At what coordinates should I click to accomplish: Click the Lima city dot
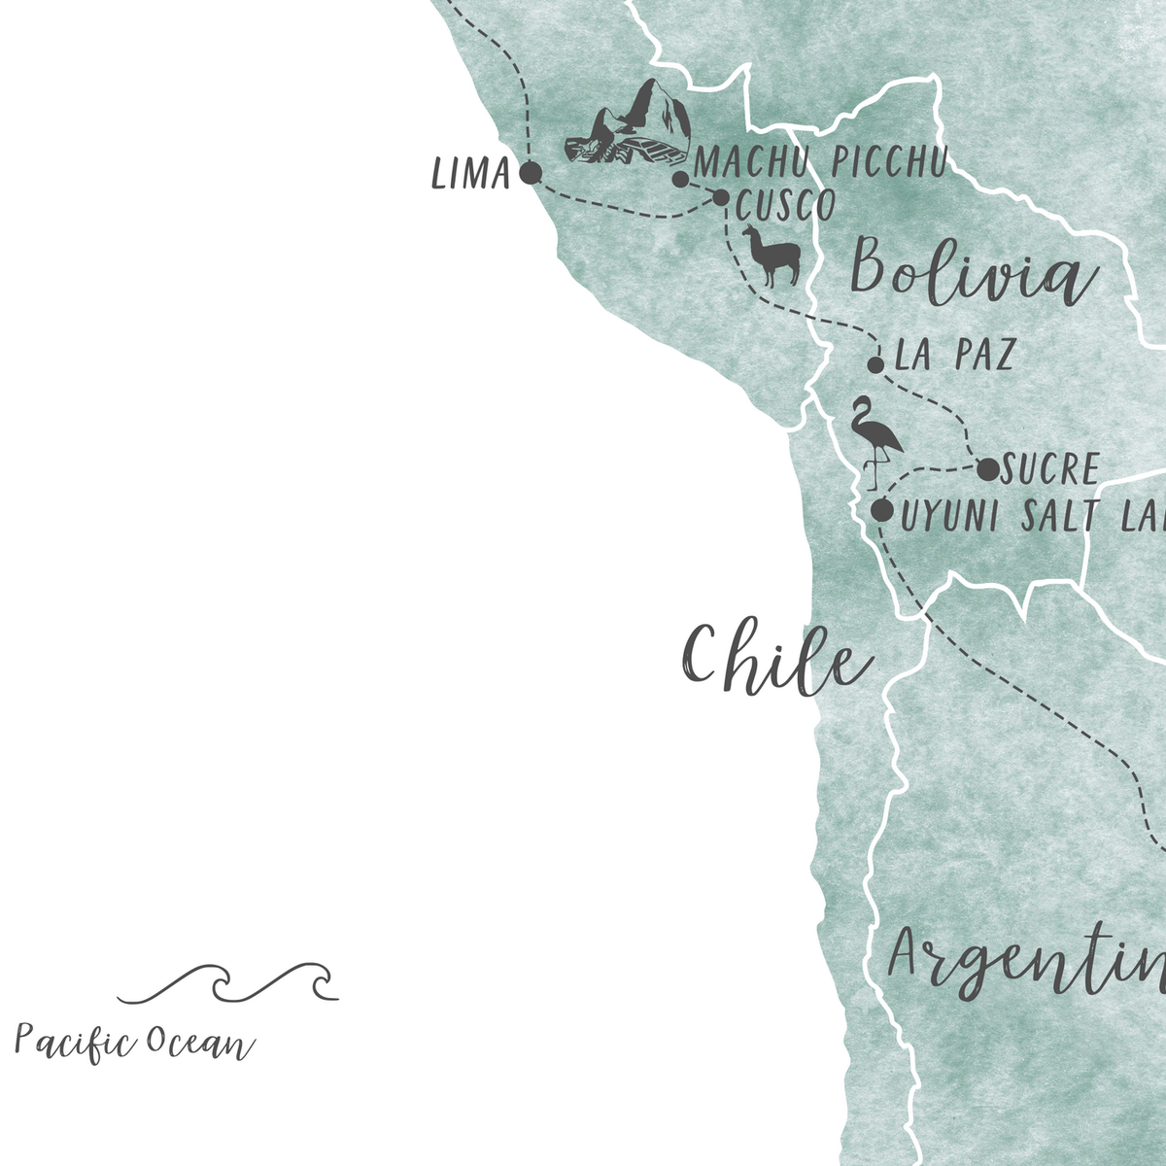point(530,174)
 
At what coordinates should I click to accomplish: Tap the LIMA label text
point(471,175)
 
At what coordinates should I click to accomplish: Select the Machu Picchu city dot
point(681,180)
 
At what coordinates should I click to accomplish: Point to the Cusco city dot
point(721,197)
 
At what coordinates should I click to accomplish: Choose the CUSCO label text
point(785,206)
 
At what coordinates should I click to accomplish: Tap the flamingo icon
point(875,442)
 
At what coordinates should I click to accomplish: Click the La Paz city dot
point(875,365)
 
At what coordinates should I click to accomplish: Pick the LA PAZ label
point(953,356)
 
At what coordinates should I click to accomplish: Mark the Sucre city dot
point(987,470)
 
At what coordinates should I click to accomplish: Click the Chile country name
point(775,659)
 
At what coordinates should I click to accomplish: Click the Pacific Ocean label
point(134,1044)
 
